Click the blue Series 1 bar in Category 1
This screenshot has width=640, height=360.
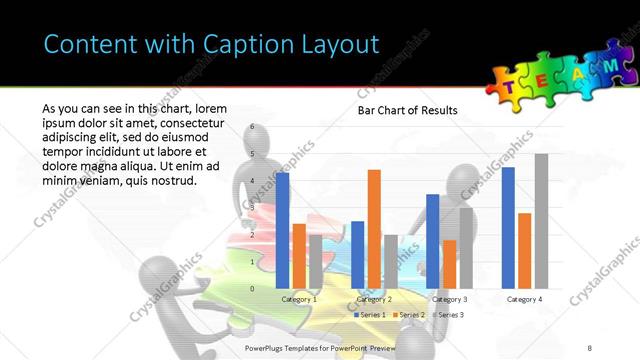click(283, 231)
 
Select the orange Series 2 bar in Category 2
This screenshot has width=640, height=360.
click(374, 229)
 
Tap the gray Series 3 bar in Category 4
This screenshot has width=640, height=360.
click(541, 221)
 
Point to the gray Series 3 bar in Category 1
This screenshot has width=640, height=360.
click(316, 261)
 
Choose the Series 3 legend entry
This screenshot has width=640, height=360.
click(448, 315)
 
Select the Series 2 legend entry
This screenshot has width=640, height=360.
click(410, 315)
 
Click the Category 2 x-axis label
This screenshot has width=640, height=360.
click(374, 299)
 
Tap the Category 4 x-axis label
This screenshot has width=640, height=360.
click(525, 299)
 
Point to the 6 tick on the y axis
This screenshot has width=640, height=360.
click(253, 127)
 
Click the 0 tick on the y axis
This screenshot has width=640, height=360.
click(253, 289)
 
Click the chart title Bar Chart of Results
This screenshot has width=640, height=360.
click(408, 110)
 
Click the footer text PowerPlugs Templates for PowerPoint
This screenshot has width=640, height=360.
click(312, 347)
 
